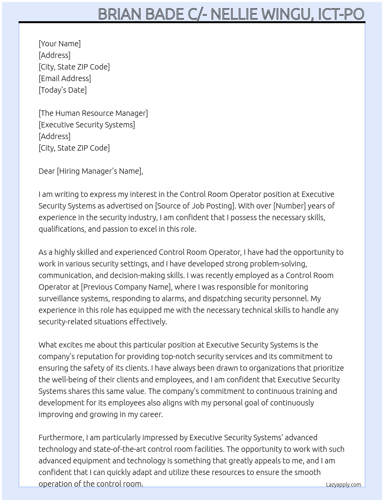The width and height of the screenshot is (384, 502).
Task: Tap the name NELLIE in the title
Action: tap(235, 14)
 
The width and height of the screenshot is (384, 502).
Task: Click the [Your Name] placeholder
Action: tap(59, 44)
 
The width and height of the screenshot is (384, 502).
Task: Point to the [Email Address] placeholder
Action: tap(65, 78)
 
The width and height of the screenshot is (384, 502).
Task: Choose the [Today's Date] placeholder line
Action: tap(62, 90)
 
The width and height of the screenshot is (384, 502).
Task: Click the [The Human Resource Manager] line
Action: tap(93, 113)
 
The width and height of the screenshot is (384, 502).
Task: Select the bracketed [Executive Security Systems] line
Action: tap(87, 125)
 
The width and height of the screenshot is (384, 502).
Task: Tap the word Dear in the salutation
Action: tap(47, 171)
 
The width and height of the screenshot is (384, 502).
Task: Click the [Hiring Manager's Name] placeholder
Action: tap(99, 171)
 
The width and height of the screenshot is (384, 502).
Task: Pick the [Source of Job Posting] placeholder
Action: tap(195, 206)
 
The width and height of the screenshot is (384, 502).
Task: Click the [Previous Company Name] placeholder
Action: tap(126, 287)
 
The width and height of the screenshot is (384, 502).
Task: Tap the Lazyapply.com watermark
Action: tap(344, 485)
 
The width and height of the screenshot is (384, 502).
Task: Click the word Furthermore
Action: tap(61, 438)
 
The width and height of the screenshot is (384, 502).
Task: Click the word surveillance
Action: tap(60, 298)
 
